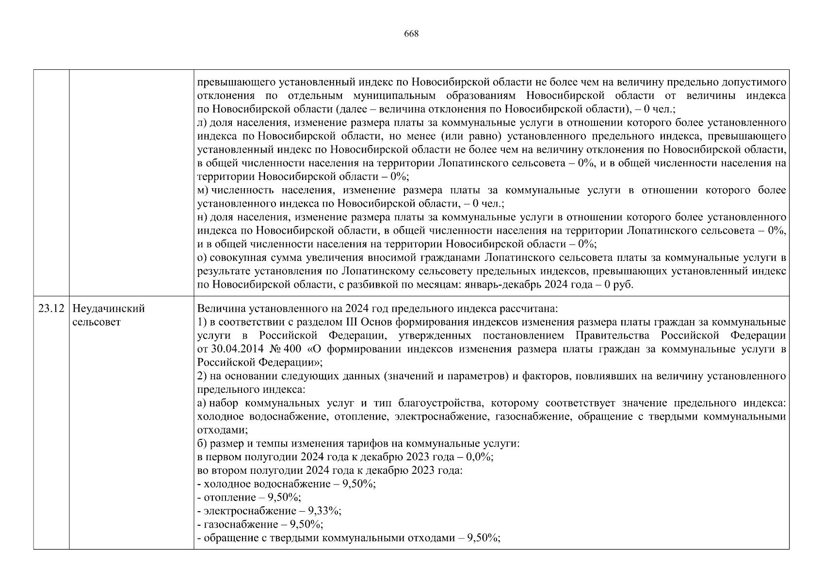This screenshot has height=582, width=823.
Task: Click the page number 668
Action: pyautogui.click(x=411, y=34)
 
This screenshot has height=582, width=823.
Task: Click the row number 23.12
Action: pyautogui.click(x=50, y=309)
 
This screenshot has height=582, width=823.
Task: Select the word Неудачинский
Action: pyautogui.click(x=109, y=309)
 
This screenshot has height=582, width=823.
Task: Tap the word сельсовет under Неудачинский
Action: pyautogui.click(x=96, y=323)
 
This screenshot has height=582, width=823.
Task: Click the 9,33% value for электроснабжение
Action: pyautogui.click(x=325, y=511)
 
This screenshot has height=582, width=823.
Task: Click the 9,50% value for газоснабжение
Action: pyautogui.click(x=307, y=524)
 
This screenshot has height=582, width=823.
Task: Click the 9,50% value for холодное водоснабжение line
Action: pyautogui.click(x=359, y=484)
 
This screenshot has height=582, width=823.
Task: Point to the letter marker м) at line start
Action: pyautogui.click(x=203, y=191)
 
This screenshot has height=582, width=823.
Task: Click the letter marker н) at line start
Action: pyautogui.click(x=203, y=218)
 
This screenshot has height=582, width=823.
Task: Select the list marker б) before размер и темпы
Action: pyautogui.click(x=203, y=444)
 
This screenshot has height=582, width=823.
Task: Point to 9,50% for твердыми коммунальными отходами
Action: pyautogui.click(x=484, y=538)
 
